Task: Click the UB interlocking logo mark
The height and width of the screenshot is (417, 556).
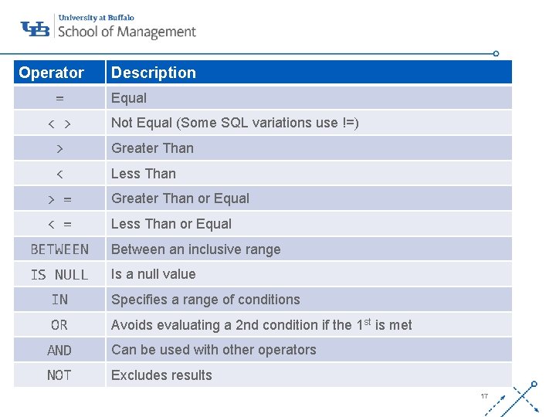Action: [35, 29]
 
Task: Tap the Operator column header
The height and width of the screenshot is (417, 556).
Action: [51, 73]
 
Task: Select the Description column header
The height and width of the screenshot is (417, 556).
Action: [154, 73]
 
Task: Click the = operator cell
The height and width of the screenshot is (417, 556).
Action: [59, 98]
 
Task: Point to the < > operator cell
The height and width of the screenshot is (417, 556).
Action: [59, 124]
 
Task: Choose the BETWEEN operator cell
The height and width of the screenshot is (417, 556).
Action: [59, 249]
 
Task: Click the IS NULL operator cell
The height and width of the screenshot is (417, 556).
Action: [59, 275]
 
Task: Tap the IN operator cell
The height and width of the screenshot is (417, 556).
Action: [59, 300]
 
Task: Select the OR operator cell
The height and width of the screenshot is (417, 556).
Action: [59, 325]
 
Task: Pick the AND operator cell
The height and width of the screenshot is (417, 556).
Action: [59, 351]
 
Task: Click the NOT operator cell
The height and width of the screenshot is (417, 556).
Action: [59, 375]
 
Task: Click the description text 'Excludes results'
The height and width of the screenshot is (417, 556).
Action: [161, 375]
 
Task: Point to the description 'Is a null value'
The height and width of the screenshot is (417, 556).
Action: [154, 274]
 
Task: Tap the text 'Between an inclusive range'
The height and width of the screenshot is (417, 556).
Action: [196, 249]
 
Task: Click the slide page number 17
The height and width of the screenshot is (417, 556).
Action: [484, 396]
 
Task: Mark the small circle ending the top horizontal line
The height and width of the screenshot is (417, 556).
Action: [496, 54]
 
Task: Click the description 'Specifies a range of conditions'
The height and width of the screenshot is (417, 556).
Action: [205, 300]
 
